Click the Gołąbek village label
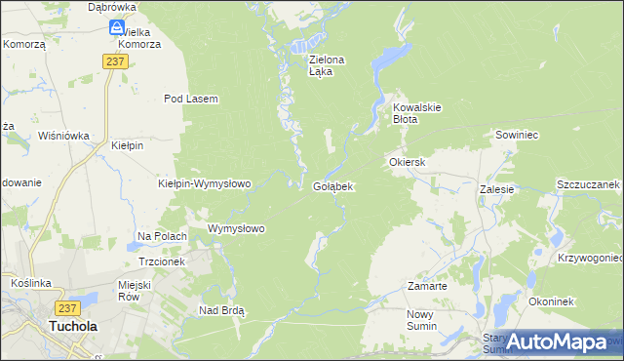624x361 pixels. coord(332,185)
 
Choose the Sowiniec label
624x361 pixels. coord(518,135)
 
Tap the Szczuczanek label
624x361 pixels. coord(589,184)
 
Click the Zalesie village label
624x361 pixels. coord(497,189)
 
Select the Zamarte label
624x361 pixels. coord(427,287)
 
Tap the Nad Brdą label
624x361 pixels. coord(221,310)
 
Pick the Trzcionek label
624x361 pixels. coord(162,261)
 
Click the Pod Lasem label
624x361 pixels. coord(191,99)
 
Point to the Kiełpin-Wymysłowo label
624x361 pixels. coord(205,183)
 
